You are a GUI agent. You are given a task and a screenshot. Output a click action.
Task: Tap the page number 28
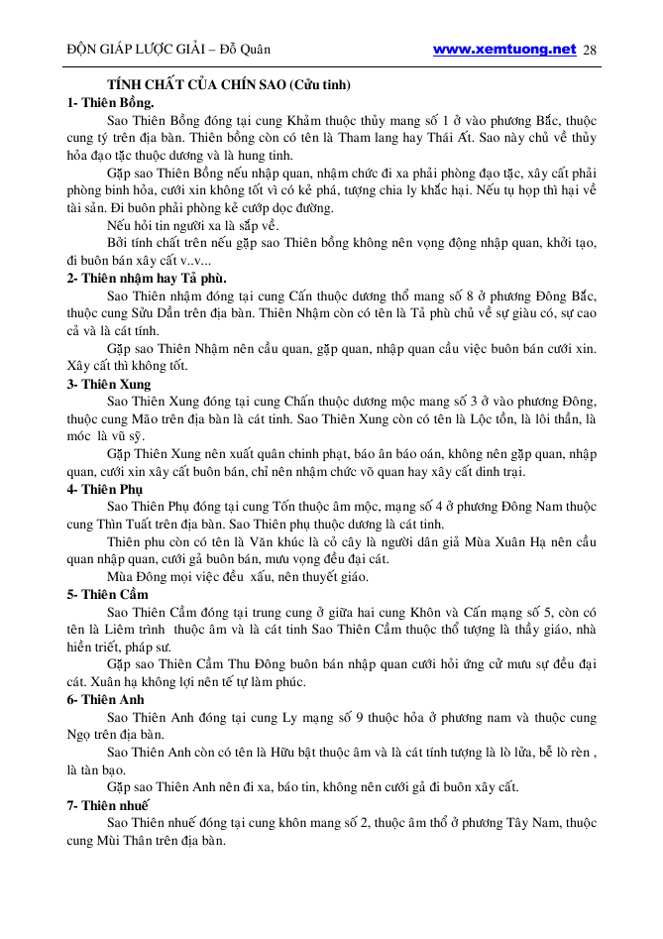point(590,50)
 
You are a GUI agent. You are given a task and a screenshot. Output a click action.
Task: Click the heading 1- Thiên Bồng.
point(110,102)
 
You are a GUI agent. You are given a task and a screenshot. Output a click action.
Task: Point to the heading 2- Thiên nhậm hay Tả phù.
point(146,278)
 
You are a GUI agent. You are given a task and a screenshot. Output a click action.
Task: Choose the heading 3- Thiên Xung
point(109,384)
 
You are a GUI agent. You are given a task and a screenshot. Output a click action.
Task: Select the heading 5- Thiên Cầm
point(107,594)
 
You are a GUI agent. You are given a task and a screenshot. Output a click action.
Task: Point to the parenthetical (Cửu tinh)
point(322,85)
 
